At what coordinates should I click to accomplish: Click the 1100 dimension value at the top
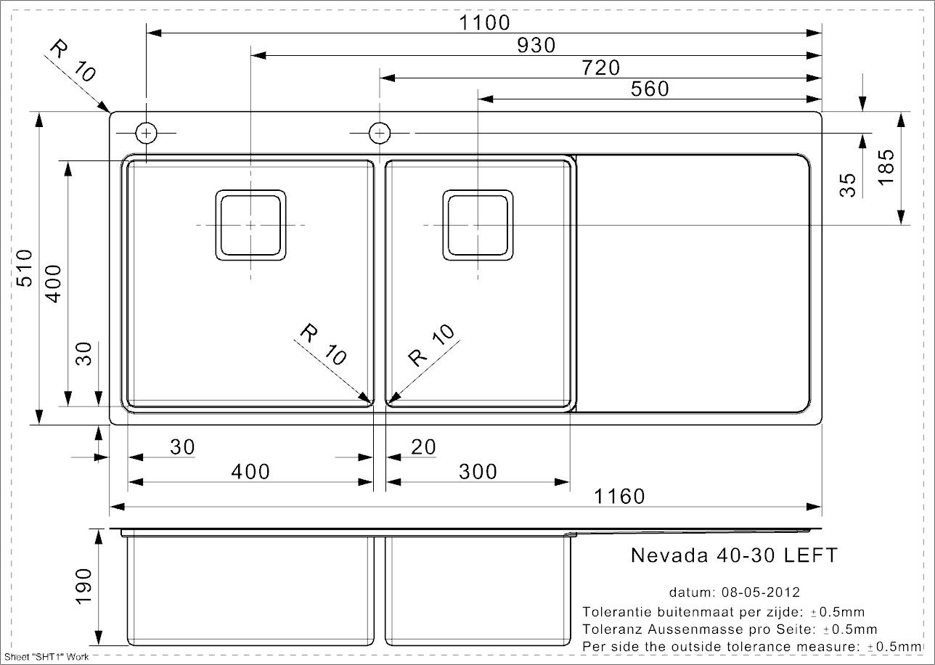click(484, 23)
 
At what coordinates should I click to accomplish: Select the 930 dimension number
click(536, 45)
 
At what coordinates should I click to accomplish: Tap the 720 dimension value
click(601, 68)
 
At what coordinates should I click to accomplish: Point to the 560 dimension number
click(650, 89)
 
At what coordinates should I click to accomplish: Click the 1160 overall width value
click(619, 497)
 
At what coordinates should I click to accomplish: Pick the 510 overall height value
click(25, 268)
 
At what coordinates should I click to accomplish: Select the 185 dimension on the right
click(886, 167)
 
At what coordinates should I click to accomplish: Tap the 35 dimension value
click(848, 185)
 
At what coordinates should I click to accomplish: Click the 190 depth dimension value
click(83, 586)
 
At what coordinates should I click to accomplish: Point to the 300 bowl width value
click(478, 472)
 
